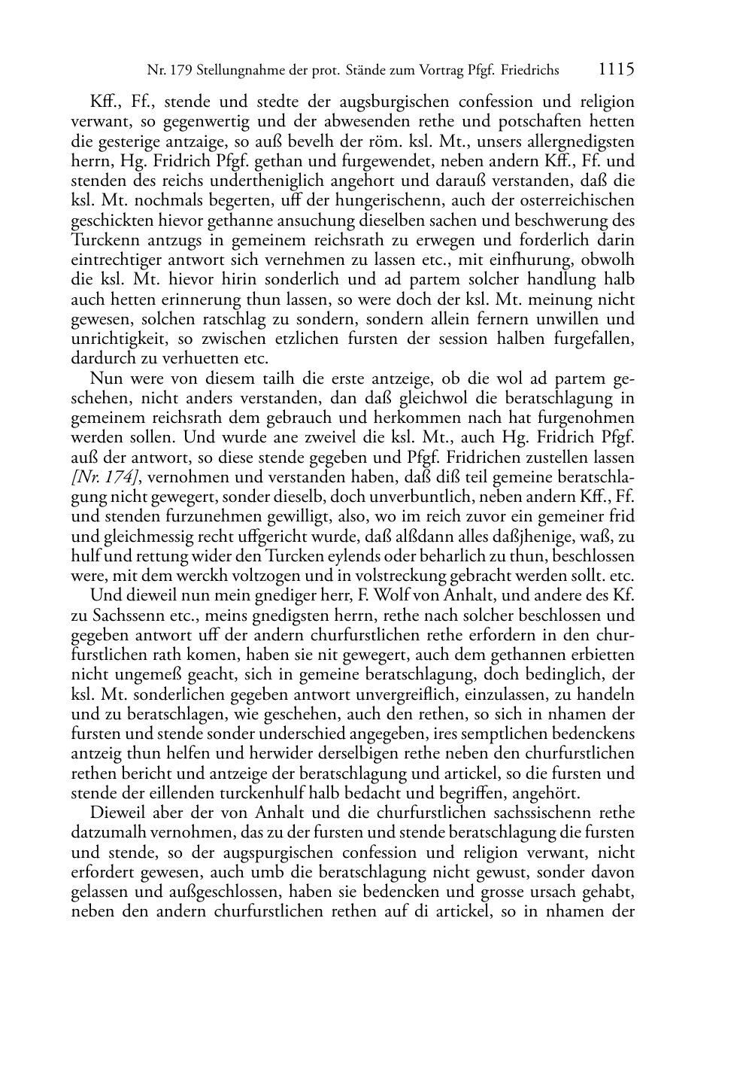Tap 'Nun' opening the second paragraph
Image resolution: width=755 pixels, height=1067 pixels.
click(102, 378)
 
